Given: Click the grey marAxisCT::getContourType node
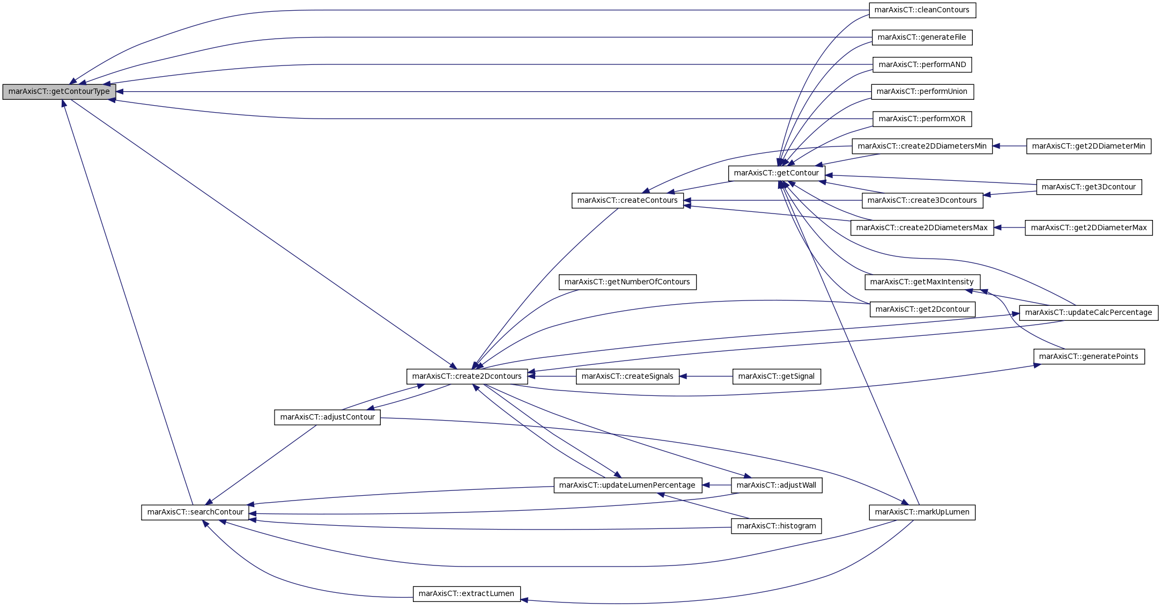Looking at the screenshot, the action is click(x=59, y=92).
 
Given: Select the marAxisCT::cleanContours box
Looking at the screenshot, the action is click(x=922, y=10).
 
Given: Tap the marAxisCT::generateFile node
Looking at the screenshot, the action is click(x=922, y=38).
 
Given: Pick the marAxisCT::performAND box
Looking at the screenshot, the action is click(x=922, y=65).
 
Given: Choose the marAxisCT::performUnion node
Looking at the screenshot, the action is click(x=922, y=92).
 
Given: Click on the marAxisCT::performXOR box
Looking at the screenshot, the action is click(x=922, y=119).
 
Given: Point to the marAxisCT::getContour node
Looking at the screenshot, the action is click(x=777, y=173).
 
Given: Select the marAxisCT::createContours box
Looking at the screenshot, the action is click(x=627, y=201).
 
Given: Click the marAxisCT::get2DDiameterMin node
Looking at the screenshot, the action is click(x=1089, y=146).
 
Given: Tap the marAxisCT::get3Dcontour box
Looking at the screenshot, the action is click(x=1089, y=187).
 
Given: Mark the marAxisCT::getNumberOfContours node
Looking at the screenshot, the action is click(x=627, y=282).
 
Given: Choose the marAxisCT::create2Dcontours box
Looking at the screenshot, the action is click(x=467, y=377).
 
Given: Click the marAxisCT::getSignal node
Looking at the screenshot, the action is click(x=777, y=377).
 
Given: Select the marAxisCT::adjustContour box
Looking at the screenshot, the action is click(x=328, y=417).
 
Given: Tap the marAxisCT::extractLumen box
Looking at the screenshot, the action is click(x=467, y=594).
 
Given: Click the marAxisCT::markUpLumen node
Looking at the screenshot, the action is click(x=922, y=512).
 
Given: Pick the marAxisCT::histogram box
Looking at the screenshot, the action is click(x=777, y=526).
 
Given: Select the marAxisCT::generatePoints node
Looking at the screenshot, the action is click(x=1089, y=357).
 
